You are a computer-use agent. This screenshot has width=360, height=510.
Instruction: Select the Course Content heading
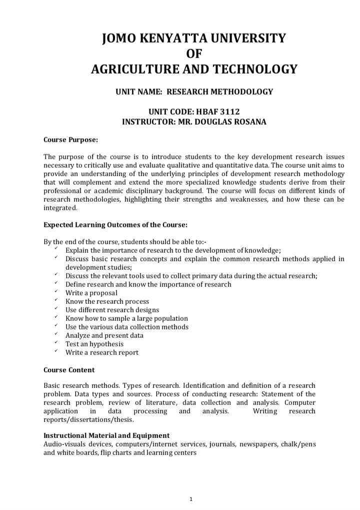[69, 370]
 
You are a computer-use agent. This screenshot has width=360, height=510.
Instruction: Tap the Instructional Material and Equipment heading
[106, 435]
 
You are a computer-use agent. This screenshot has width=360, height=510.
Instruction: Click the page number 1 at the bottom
[192, 485]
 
